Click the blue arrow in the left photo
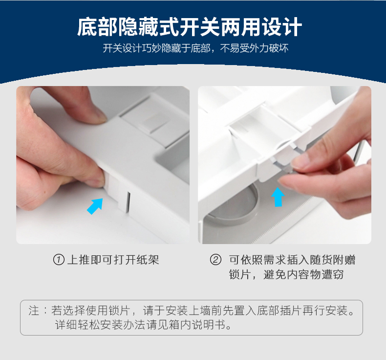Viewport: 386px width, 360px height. (95, 205)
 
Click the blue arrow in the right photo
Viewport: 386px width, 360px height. (278, 197)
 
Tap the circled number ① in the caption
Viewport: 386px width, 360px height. (59, 260)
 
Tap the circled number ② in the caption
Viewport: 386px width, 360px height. (215, 260)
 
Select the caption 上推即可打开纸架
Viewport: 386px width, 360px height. (113, 260)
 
